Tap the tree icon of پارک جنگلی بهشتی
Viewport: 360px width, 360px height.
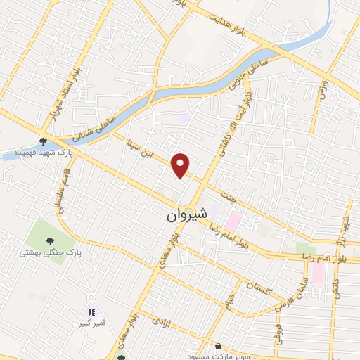pyautogui.click(x=49, y=240)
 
